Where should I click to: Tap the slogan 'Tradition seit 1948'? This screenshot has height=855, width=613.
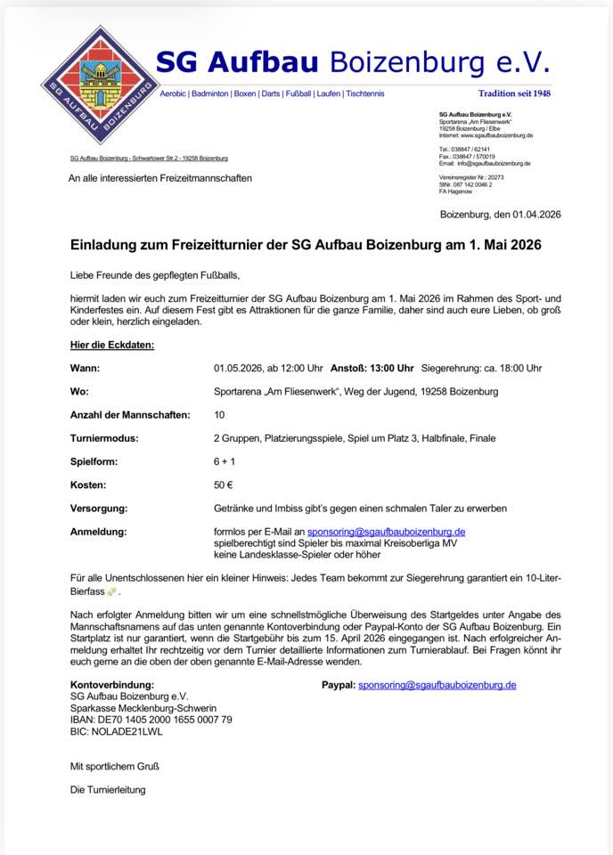pos(514,94)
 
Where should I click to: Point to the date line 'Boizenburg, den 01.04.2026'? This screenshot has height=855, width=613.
pos(500,215)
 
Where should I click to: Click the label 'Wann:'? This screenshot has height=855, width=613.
pos(86,368)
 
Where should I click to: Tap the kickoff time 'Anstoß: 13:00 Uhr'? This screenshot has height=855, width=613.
pos(372,368)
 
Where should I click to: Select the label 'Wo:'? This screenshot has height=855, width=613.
pos(80,391)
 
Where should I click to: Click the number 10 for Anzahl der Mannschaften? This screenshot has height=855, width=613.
pos(220,415)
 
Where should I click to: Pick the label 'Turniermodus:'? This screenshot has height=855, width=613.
pos(104,438)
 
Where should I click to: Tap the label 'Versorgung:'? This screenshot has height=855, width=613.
pos(99,509)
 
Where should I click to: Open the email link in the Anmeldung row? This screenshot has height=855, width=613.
pos(386,532)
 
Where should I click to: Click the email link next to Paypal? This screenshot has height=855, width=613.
pos(437,685)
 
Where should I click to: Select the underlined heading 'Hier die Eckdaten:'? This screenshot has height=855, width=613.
pos(112,344)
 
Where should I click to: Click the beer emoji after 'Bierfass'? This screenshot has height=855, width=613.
pos(111,591)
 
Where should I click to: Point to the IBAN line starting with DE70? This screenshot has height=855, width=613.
pos(151,719)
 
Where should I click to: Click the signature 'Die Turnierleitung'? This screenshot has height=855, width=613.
pos(108,789)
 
